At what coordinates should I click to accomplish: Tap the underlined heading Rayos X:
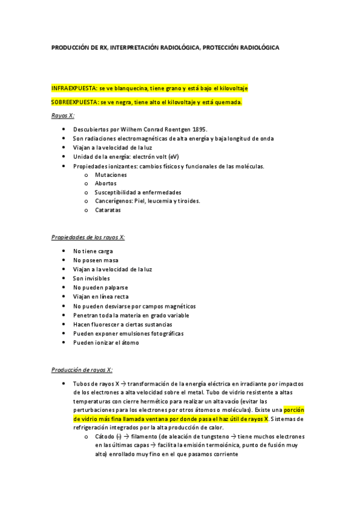coord(63,115)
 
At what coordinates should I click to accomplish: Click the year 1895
coord(198,129)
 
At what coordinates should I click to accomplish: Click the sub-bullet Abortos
coord(106,183)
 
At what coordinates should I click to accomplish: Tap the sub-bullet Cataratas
coord(108,210)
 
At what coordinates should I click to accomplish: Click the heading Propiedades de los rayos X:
coord(88,238)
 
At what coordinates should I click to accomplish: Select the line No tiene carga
coord(93,251)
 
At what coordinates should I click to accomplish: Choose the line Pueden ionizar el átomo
coord(106,342)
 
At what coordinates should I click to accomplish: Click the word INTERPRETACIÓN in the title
coord(139,48)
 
